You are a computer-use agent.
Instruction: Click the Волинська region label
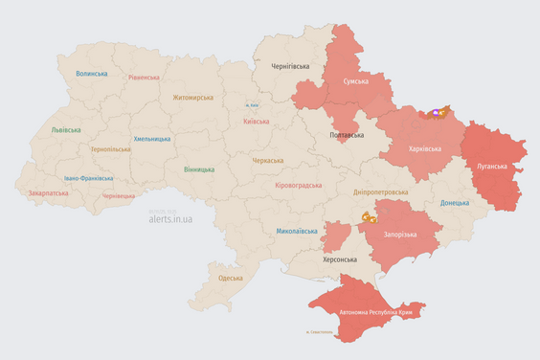coord(92,73)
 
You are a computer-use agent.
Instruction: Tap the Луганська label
coord(495,166)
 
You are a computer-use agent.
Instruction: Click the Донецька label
coord(455,203)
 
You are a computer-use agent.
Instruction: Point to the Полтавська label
coord(346,135)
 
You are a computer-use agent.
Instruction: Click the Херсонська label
coord(338,259)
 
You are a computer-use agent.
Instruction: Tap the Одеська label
coord(230,278)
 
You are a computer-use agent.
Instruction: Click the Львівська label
coord(66,129)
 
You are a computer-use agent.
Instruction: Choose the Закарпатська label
coord(49,192)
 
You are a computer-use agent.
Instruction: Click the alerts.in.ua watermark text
coord(170,218)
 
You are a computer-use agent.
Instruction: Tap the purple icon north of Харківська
coord(439,113)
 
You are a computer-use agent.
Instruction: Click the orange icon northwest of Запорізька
coord(369,218)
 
